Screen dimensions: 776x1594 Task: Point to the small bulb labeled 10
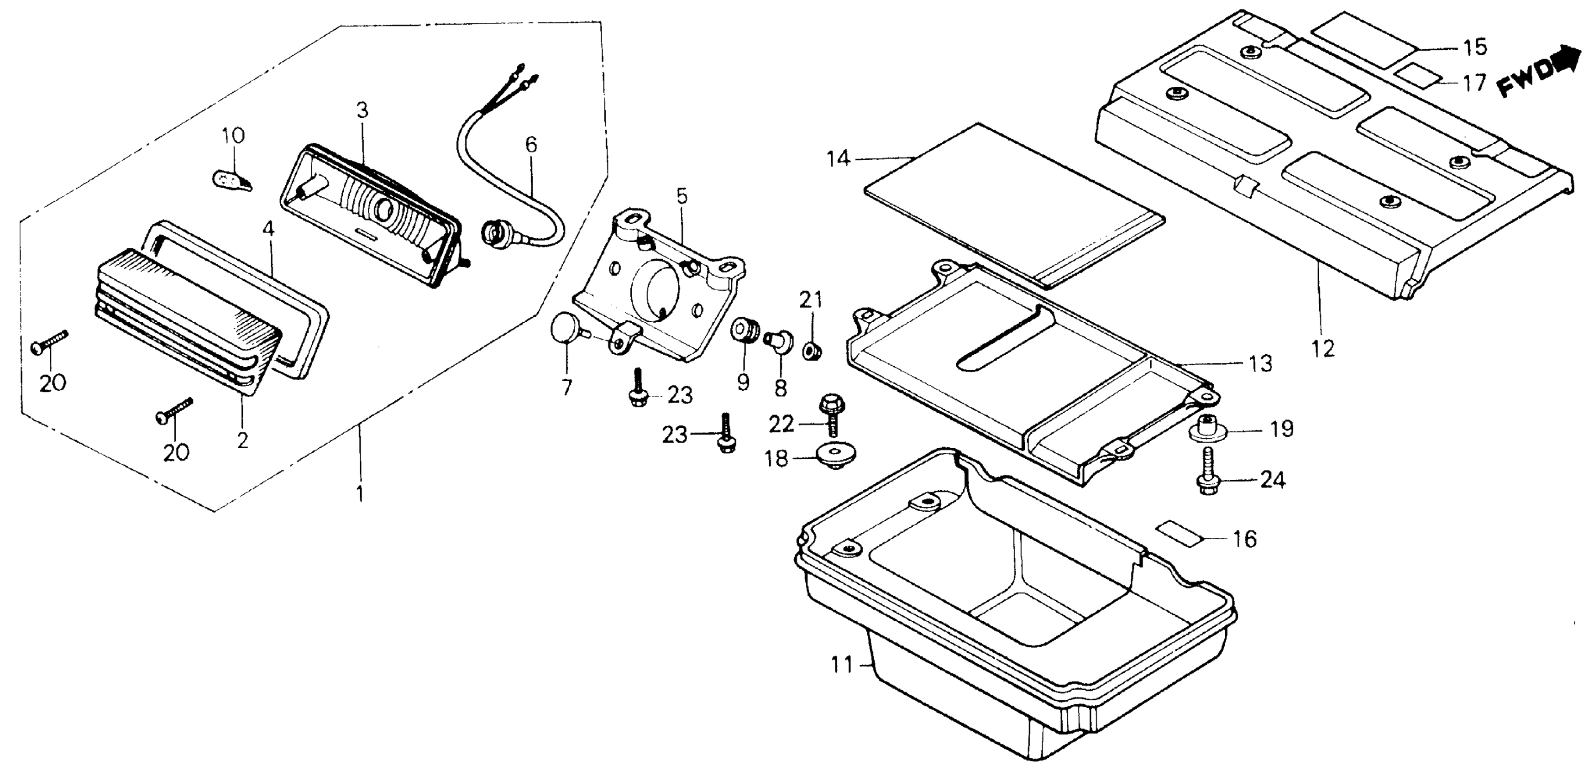[x=230, y=181]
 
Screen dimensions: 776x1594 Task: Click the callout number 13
[x=1258, y=363]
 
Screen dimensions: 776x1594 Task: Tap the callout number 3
[x=362, y=111]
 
